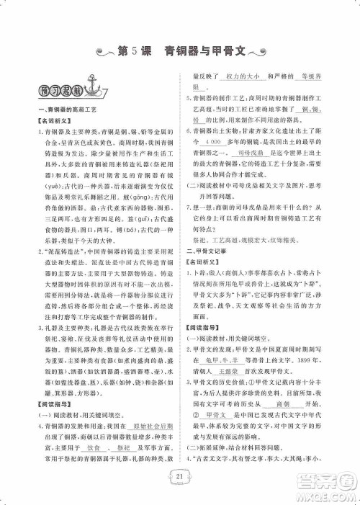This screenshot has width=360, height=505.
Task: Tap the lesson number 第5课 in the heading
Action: coord(136,51)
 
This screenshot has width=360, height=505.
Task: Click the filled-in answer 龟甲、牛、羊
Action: coord(224,366)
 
